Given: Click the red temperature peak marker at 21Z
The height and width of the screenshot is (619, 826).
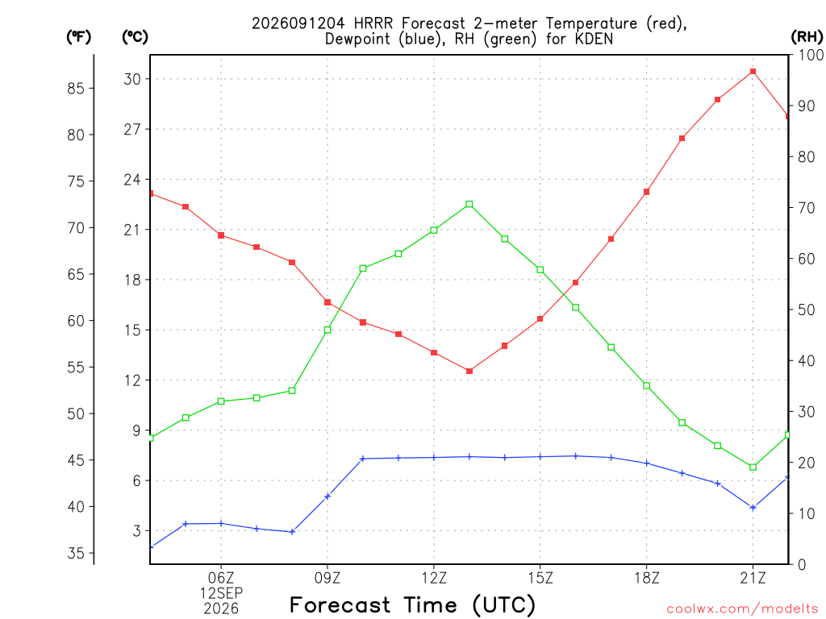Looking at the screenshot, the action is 753,72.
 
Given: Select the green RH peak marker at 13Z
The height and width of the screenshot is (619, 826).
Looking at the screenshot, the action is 469,204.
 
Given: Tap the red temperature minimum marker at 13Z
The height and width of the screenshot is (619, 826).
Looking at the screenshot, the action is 469,371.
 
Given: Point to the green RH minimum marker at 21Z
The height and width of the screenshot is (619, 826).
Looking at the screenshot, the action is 753,467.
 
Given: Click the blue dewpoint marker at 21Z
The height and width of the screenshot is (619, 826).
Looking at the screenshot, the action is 753,508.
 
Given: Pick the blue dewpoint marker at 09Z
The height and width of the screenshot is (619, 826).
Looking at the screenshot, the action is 327,496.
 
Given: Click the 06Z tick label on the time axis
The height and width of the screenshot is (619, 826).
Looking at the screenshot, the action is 221,578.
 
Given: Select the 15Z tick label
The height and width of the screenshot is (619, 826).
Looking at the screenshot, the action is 540,578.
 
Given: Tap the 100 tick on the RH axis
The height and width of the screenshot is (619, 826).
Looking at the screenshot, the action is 811,55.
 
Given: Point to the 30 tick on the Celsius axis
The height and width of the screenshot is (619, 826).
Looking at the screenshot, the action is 132,79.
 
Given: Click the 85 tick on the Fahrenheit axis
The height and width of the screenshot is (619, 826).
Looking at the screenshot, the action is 76,88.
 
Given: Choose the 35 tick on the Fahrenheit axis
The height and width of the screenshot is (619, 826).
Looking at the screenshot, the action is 76,553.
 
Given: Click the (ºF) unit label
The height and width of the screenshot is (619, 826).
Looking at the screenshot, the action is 78,37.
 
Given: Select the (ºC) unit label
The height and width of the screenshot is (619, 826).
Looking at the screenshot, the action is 135,37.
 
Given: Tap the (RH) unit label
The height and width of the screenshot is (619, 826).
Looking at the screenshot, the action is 807,37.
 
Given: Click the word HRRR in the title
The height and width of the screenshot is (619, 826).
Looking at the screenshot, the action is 374,23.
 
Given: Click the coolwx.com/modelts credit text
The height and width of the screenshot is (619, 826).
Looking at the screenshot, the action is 742,609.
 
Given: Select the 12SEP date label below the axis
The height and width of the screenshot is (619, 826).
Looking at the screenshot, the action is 221,593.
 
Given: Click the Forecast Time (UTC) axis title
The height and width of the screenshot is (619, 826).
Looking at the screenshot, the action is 412,604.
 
